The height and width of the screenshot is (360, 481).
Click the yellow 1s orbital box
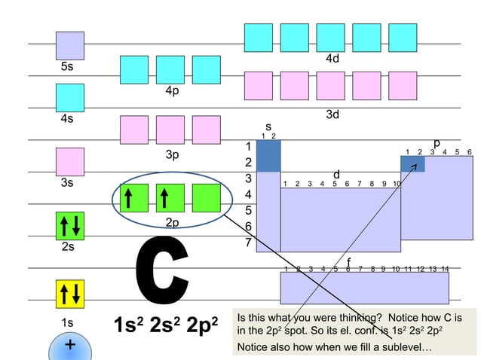point(69,294)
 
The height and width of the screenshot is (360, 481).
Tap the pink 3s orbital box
point(69,162)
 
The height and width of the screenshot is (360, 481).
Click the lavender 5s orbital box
point(69,45)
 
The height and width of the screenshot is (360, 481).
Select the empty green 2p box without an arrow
point(206,198)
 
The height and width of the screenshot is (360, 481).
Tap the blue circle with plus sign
point(69,346)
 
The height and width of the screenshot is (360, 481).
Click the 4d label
point(332,59)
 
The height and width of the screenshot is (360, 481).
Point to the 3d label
point(332,114)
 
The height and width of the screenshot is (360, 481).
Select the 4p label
point(172,90)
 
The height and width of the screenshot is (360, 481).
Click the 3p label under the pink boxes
point(172,155)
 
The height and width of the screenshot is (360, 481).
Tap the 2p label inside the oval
point(172,222)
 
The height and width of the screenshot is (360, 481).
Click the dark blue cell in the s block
point(268,156)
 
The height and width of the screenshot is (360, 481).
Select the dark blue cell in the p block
point(412,163)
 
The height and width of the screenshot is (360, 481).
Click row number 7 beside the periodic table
point(247,243)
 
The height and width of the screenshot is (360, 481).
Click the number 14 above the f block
point(444,269)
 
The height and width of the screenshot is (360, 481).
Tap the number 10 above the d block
point(397,183)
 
